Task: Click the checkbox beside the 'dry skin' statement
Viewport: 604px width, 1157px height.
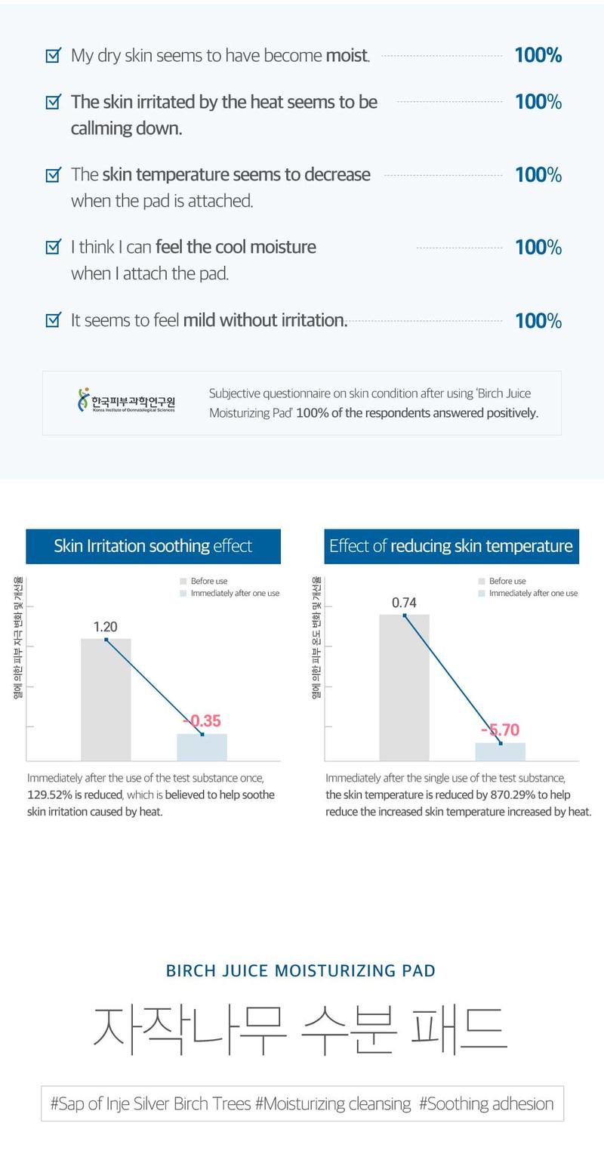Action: coord(53,55)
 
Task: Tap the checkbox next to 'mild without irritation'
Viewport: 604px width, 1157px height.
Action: coord(53,320)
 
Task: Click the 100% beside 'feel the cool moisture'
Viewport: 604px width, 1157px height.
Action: coord(538,247)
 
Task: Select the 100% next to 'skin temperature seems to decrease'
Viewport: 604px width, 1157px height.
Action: coord(538,174)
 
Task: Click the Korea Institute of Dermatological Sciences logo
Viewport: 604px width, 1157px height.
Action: coord(126,400)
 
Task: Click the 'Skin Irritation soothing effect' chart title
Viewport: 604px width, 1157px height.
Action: coord(153,546)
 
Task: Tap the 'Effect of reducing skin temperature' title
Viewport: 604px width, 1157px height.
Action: coord(451,546)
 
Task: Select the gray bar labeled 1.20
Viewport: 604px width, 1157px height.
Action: coord(106,699)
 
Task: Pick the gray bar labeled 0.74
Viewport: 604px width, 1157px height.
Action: coord(404,687)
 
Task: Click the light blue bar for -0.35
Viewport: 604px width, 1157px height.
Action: coord(202,747)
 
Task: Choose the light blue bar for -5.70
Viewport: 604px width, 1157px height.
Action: coord(500,751)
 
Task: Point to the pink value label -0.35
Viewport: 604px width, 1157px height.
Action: coord(202,721)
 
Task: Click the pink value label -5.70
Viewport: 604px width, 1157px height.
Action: coord(501,730)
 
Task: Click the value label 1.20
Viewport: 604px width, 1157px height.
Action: coord(106,627)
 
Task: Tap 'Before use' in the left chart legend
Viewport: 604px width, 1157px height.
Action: coord(209,581)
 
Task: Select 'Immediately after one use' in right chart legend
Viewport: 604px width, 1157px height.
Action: coord(533,594)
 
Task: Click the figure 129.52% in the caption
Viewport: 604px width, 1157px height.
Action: coord(49,794)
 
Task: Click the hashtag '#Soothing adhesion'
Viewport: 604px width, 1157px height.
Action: coord(485,1103)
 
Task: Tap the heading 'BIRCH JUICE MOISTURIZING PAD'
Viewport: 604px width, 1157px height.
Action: coord(300,970)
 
